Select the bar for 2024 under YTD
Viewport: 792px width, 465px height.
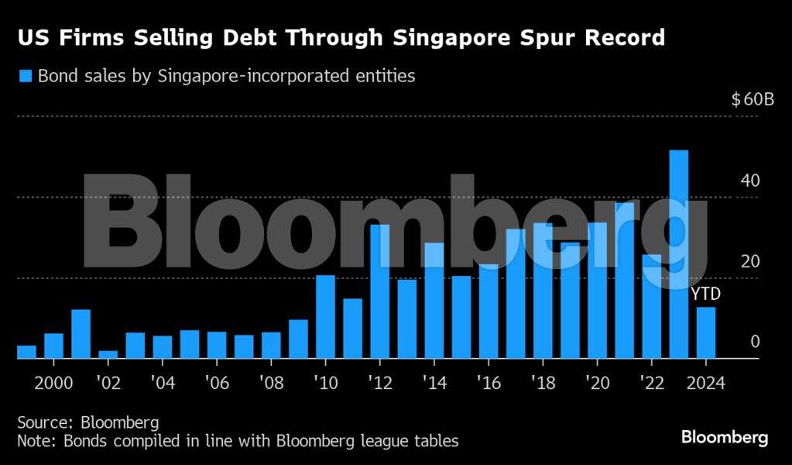pos(705,333)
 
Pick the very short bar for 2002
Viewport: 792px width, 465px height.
pos(108,355)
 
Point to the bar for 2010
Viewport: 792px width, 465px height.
pos(325,317)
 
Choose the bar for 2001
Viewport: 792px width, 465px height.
pos(81,334)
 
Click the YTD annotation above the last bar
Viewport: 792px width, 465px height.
pos(705,294)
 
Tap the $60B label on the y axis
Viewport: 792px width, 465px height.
pos(753,100)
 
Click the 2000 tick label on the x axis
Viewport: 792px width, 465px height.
pos(53,384)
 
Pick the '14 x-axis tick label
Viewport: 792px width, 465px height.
pos(434,384)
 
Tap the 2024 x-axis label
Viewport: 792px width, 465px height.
pos(705,384)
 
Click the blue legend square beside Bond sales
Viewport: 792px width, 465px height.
pos(25,76)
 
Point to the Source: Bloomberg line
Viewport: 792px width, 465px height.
pos(88,422)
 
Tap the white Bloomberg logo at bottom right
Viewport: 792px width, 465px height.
pos(725,438)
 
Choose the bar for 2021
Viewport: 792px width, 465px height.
pos(624,281)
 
